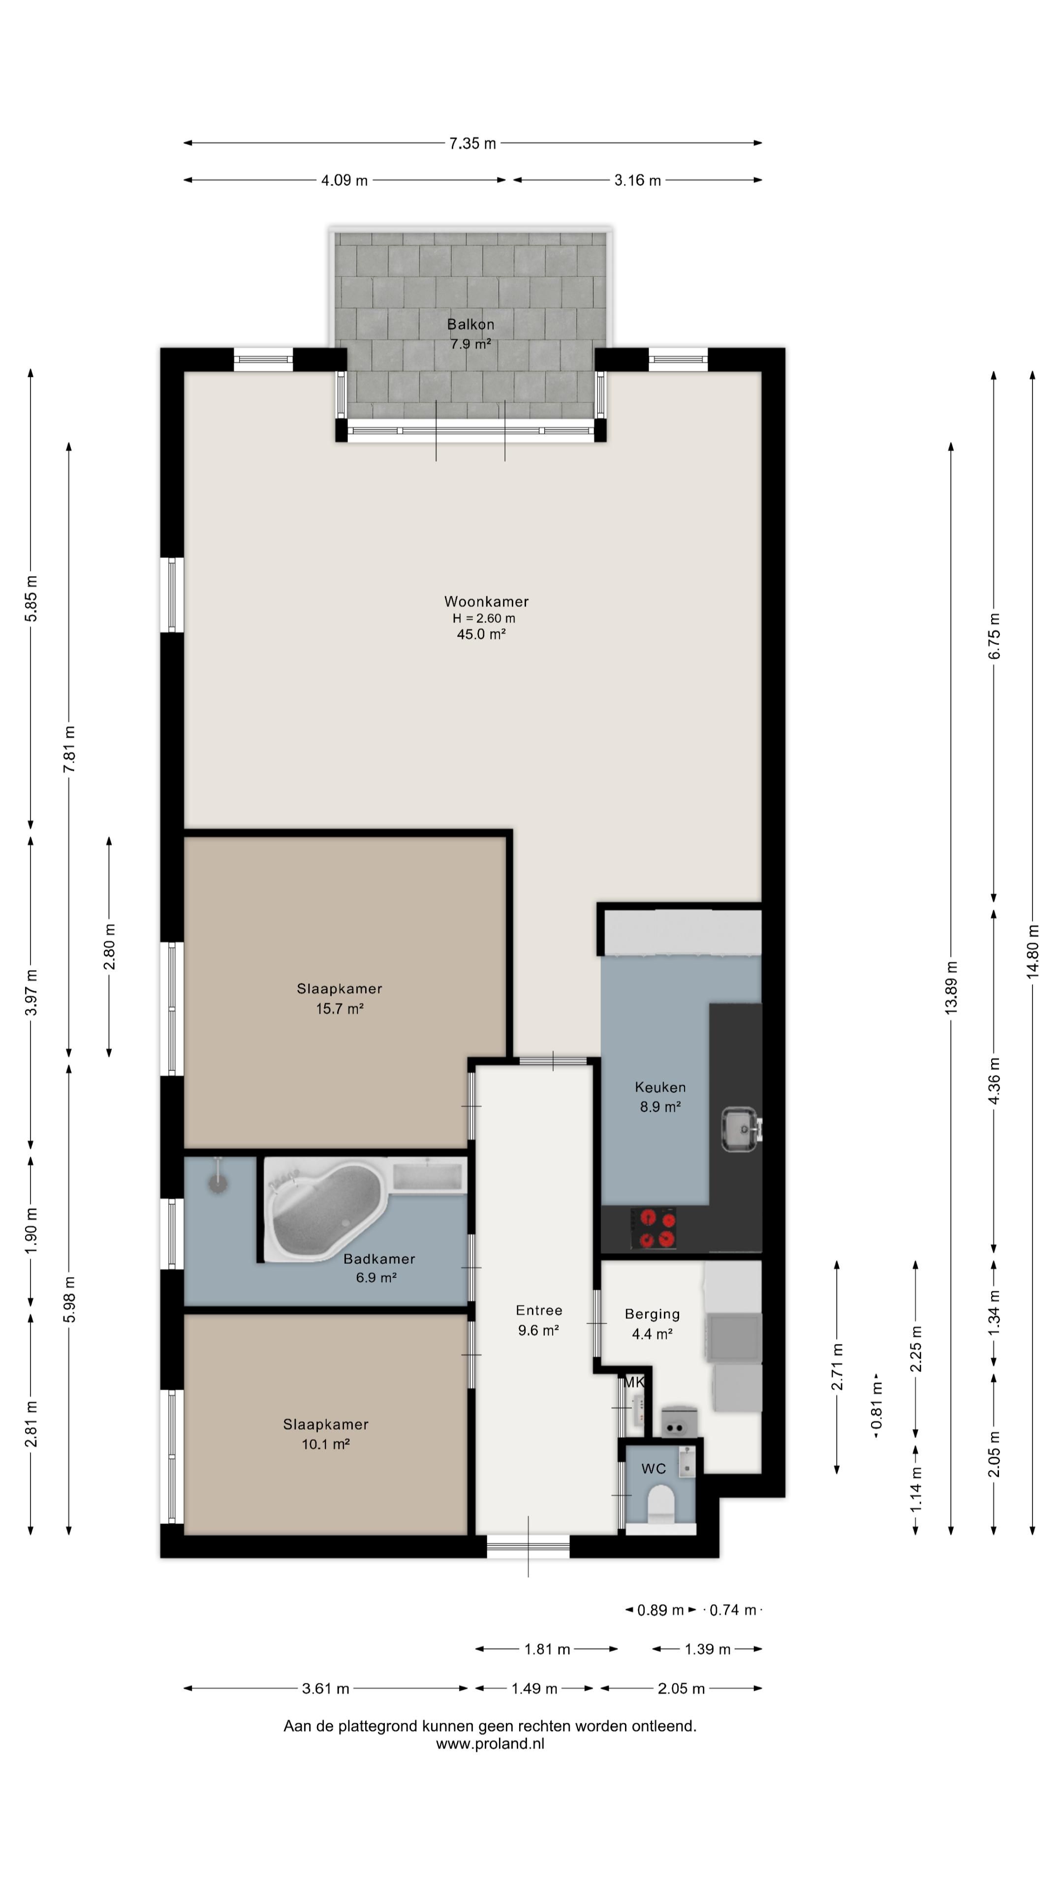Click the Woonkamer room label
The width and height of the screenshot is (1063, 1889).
(x=486, y=601)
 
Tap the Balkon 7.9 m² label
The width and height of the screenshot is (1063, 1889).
(x=471, y=334)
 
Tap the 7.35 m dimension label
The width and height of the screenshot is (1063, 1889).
(x=472, y=144)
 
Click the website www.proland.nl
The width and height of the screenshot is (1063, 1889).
(x=490, y=1744)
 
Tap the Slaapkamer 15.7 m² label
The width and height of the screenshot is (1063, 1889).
(x=340, y=998)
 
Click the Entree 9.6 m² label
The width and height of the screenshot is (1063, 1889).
(x=539, y=1320)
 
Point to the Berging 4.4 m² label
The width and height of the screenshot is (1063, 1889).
(x=652, y=1324)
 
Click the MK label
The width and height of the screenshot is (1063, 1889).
(x=634, y=1382)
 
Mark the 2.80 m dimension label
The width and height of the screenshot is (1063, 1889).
(x=109, y=946)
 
